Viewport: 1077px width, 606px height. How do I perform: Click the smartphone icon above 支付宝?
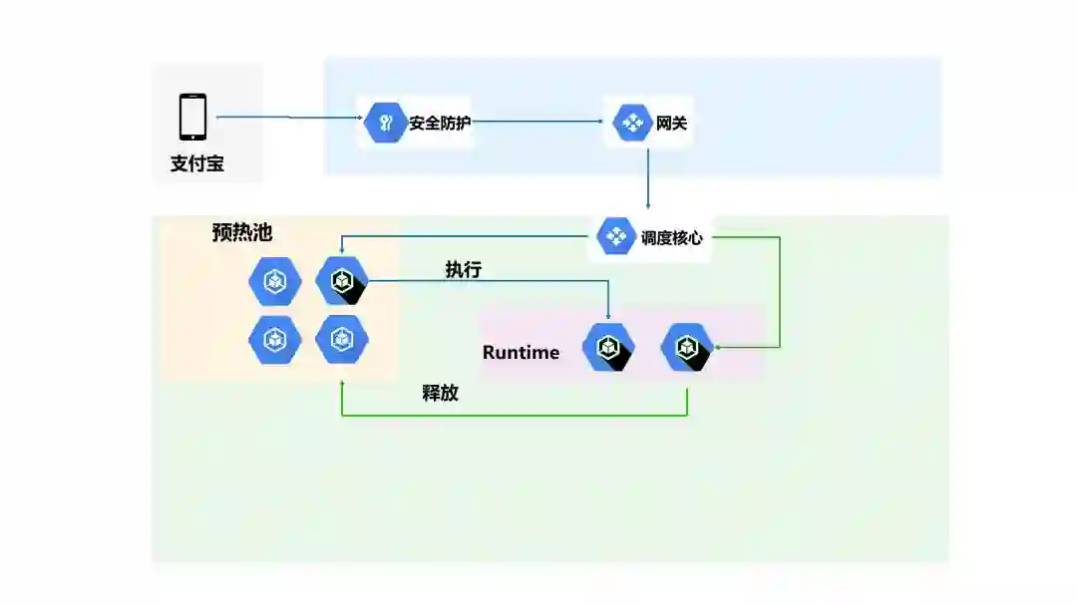[193, 117]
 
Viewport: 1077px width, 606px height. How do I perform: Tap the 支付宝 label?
[196, 163]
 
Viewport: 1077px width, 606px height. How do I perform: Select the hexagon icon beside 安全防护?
[384, 124]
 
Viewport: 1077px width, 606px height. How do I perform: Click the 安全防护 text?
[439, 125]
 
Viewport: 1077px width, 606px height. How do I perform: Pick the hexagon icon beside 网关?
[633, 124]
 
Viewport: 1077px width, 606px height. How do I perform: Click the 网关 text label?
[671, 125]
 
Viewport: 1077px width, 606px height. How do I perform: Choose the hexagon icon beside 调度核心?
[616, 237]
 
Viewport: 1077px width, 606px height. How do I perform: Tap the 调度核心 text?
[671, 238]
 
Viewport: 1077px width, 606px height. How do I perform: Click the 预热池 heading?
[242, 232]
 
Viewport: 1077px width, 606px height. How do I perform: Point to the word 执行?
[464, 269]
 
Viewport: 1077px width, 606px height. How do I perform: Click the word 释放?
[440, 392]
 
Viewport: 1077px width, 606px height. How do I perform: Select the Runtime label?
[521, 352]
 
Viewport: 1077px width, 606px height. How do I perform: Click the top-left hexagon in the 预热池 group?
[274, 282]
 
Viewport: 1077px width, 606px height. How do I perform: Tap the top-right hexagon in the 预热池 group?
[342, 281]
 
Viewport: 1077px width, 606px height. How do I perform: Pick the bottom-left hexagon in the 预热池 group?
[274, 340]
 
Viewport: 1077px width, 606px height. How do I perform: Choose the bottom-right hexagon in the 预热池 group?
[342, 340]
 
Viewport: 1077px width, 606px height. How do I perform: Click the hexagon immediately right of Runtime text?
[608, 347]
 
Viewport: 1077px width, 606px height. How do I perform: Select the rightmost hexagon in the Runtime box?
[687, 347]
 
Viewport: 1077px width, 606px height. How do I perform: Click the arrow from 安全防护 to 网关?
[538, 124]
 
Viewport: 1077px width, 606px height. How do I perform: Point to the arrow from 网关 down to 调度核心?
[648, 179]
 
